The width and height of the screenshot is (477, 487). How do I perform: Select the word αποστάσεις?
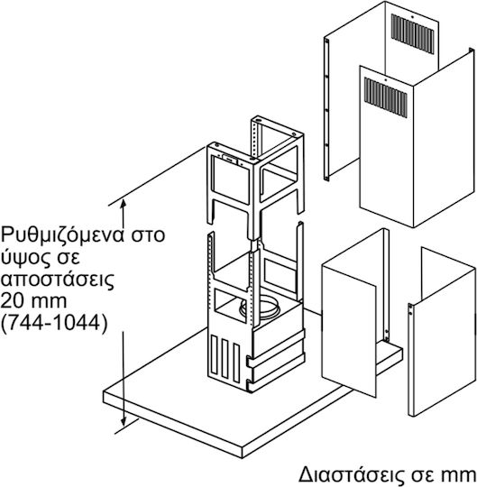coord(58,280)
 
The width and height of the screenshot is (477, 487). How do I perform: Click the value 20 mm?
coord(33,300)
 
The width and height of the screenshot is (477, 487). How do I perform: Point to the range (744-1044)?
coord(54,324)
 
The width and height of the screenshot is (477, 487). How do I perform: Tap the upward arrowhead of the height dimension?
coord(124,204)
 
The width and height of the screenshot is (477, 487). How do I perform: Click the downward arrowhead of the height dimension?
coord(124,421)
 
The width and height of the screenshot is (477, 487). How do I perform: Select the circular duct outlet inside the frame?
coord(261,308)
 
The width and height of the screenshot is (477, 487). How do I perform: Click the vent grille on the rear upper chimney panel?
coord(412,33)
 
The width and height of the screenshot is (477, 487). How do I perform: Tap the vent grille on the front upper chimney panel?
coord(386,96)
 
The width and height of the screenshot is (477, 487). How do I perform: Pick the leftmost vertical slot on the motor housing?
coord(215,354)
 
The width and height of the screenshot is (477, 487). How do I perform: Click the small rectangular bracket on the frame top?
coord(230,160)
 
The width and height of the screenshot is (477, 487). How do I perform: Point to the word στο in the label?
coord(147,236)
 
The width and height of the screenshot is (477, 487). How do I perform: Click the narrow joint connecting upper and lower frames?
coord(255,245)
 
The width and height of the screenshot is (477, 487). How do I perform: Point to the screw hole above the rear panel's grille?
coord(412,17)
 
